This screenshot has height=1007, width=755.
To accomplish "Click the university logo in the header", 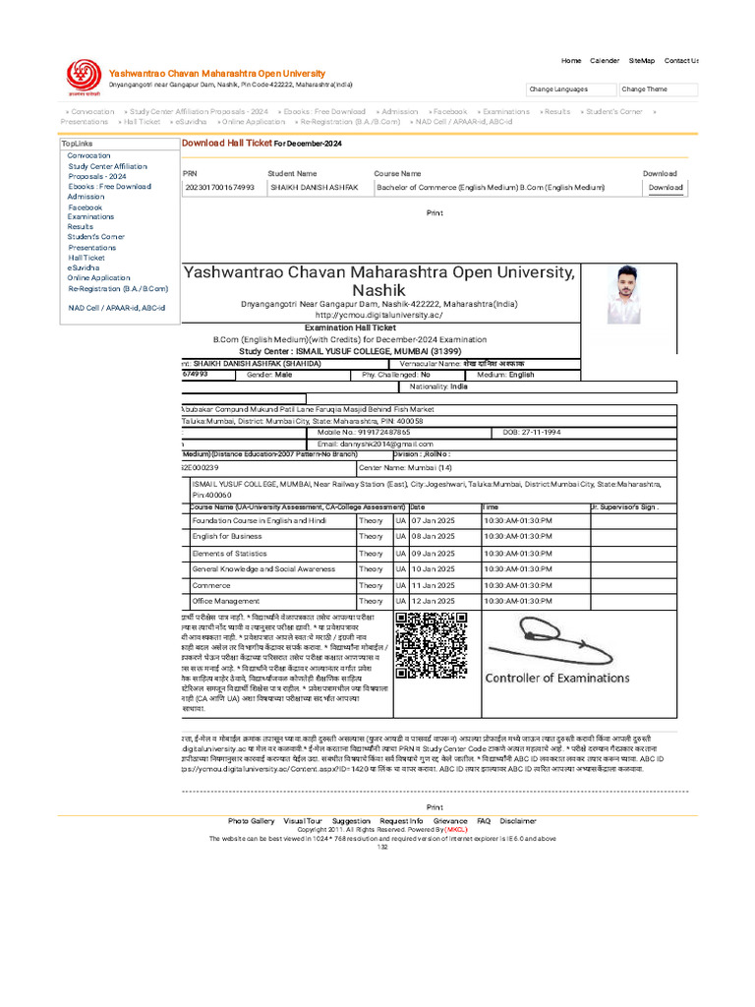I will point(83,75).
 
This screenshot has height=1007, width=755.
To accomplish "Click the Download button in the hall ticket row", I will point(666,187).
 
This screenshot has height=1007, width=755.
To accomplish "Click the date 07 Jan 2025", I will point(433,519).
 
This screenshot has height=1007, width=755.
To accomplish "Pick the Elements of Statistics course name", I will point(229,553).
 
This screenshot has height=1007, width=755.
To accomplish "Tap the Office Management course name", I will point(225,600).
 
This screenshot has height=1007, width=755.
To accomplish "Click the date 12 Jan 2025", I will point(433,600).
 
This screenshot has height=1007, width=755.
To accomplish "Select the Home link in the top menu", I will point(571,61).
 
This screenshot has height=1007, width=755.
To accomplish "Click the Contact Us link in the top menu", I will point(681,61).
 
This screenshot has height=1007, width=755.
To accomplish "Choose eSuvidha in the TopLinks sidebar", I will point(83,267).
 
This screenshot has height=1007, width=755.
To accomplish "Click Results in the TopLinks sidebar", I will point(81,226).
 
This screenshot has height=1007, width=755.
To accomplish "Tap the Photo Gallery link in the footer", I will point(251,820).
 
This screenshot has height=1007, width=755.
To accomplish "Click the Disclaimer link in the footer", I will point(518,820).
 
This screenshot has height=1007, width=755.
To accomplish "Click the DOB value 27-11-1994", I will point(541,432).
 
